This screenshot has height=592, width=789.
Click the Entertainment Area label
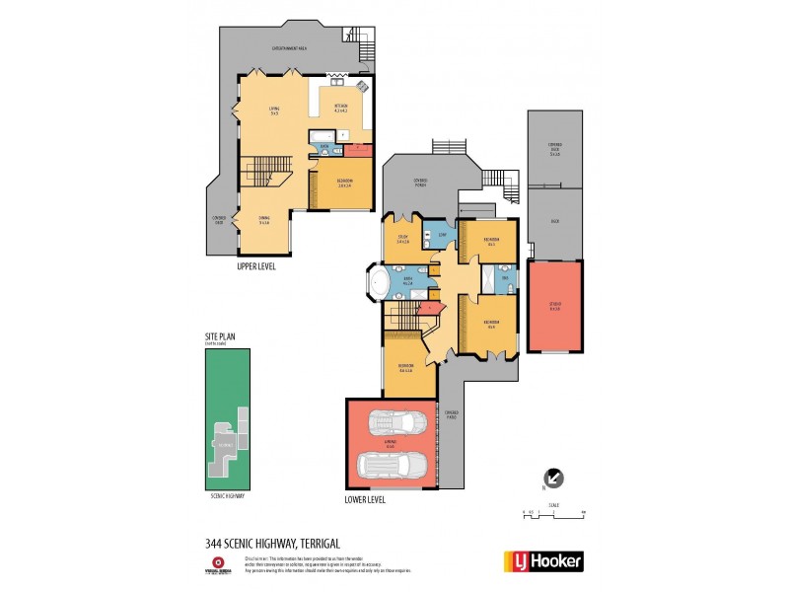click(289, 47)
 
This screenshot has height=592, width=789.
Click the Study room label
click(403, 238)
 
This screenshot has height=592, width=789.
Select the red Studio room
click(554, 306)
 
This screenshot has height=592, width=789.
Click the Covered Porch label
click(421, 182)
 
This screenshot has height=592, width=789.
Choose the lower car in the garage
click(391, 465)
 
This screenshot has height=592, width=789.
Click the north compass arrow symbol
click(554, 478)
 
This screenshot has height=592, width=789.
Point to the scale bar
click(553, 514)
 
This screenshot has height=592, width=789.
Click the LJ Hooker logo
click(543, 561)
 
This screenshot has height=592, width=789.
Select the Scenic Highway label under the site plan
click(227, 496)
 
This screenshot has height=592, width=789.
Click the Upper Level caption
click(256, 266)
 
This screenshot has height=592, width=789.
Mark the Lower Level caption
click(365, 499)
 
